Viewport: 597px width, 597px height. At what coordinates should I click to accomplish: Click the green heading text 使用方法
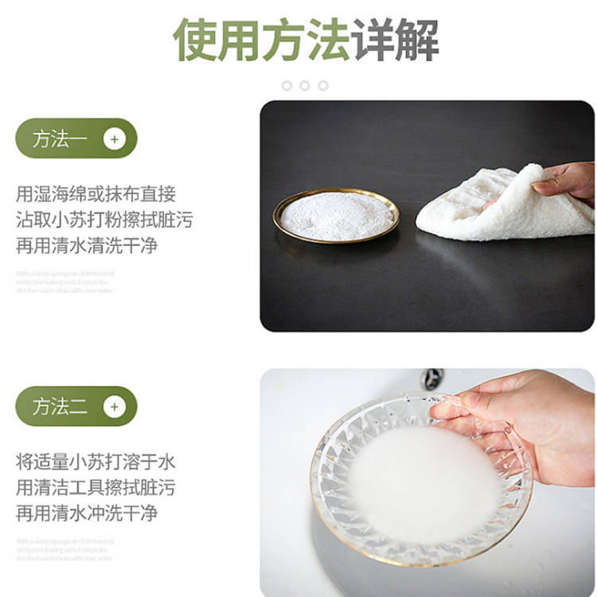pos(262,40)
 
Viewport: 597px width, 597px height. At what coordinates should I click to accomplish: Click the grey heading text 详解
pos(396,40)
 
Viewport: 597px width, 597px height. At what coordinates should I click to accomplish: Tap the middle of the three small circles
pos(305,85)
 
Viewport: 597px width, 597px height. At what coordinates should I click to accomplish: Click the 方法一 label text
pos(60,139)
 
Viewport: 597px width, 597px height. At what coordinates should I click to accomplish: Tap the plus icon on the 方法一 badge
pos(115,139)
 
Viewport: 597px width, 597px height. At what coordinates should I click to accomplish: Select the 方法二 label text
pos(60,407)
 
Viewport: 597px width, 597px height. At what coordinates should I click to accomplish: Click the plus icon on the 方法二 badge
pos(115,407)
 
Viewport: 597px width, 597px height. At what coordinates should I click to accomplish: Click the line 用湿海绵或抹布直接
pos(96,193)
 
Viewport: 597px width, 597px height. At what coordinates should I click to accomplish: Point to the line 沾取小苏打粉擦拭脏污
pos(104,219)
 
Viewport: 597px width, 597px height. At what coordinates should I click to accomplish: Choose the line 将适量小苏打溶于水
pos(96,462)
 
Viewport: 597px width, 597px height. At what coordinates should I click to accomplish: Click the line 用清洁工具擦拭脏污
pos(96,487)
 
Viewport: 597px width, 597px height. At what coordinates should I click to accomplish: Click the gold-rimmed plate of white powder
pos(336,215)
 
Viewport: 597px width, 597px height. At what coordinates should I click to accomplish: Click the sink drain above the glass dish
pos(432,378)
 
